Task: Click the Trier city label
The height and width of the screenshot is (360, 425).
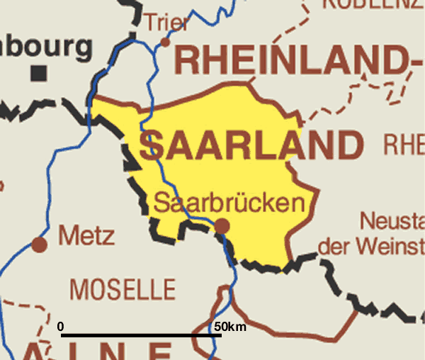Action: click(x=166, y=23)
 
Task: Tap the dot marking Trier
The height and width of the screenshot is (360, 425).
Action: click(x=165, y=43)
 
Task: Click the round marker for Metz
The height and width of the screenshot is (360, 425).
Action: click(x=40, y=244)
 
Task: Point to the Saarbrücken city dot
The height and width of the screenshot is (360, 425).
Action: click(x=222, y=226)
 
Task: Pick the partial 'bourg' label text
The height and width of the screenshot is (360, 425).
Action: click(x=46, y=47)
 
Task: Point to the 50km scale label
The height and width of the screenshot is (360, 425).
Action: click(x=229, y=327)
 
